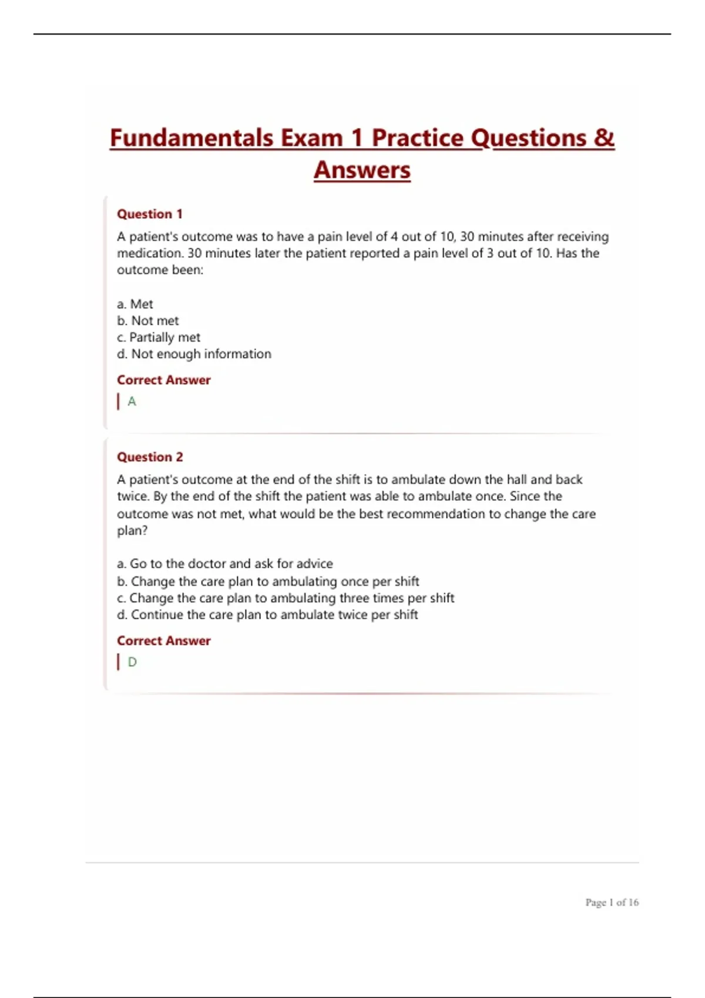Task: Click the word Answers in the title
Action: point(362,170)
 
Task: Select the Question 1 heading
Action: point(150,214)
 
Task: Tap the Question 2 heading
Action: point(150,457)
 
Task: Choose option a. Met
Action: point(135,304)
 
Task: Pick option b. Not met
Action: point(148,321)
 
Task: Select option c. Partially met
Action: point(159,338)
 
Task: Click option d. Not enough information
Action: point(194,354)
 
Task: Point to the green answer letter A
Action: point(132,402)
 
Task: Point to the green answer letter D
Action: point(132,662)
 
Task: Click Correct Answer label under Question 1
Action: point(163,380)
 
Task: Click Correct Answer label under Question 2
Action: point(163,640)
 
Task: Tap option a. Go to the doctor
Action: point(225,564)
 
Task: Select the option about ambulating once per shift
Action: point(268,581)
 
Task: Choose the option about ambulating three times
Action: point(286,598)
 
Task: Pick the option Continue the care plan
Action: point(267,615)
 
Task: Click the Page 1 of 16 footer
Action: point(612,902)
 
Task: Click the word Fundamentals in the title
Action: point(192,138)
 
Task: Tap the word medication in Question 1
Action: point(149,254)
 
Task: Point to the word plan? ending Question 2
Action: point(132,531)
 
